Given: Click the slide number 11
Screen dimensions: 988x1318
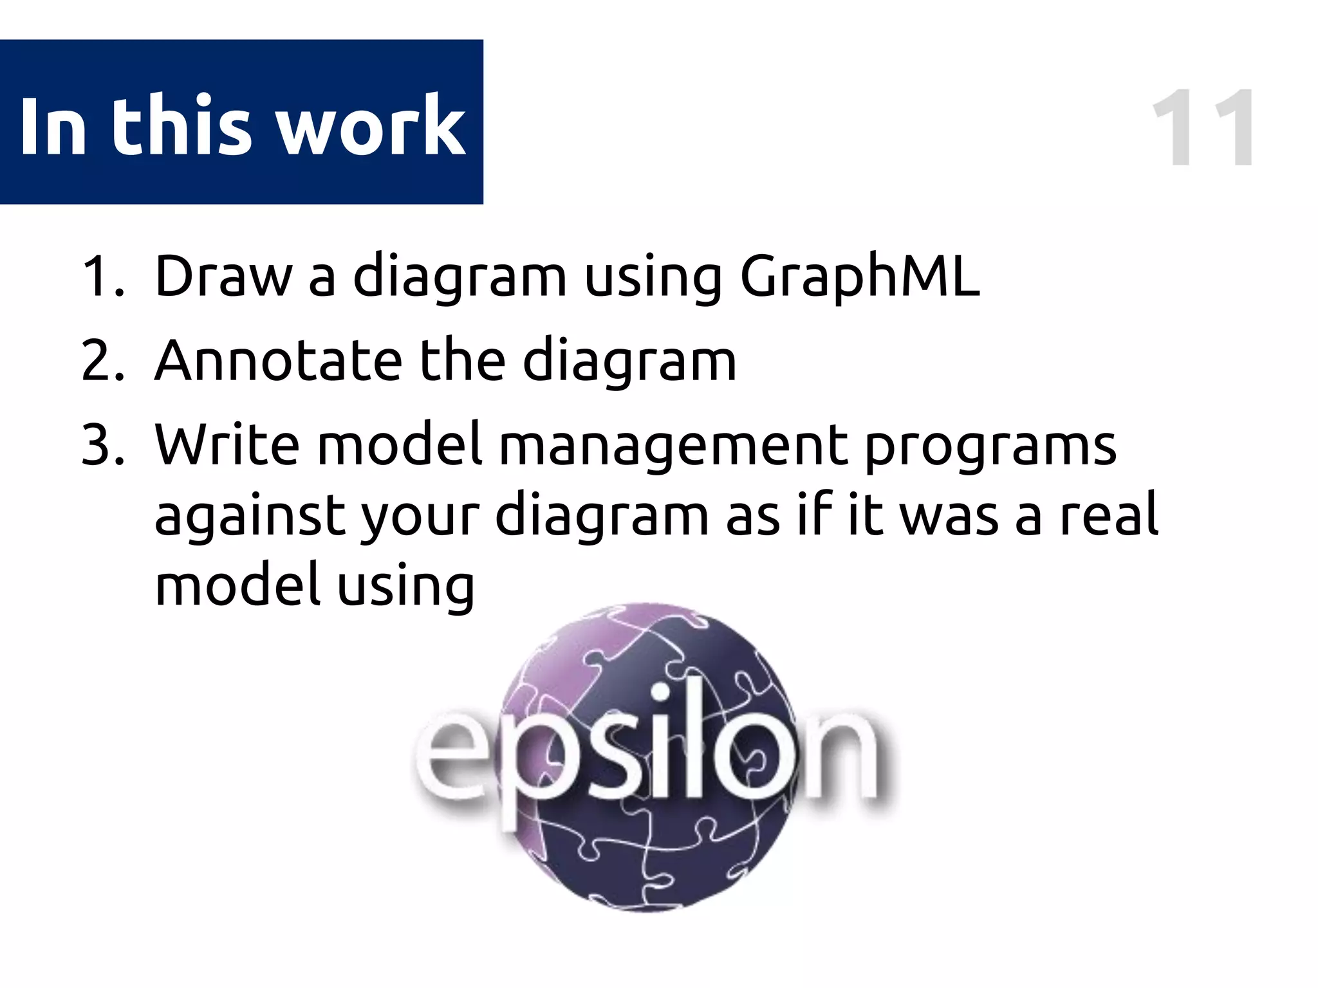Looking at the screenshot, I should coord(1202,129).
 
